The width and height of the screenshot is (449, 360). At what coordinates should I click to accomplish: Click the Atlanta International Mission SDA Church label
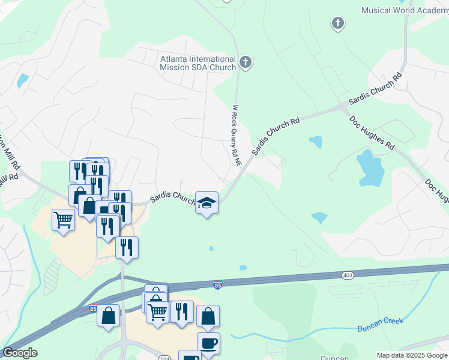pos(197,63)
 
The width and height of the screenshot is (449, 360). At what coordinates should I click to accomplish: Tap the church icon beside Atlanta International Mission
pos(245,62)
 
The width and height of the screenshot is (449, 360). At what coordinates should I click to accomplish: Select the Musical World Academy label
pos(405,10)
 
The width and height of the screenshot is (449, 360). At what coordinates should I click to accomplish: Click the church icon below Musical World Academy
pos(337,23)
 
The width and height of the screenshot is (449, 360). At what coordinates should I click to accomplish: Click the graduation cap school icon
pos(207,203)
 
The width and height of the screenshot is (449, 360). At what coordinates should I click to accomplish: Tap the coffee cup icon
pos(208,343)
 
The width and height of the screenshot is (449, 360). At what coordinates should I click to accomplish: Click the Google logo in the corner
pos(20,353)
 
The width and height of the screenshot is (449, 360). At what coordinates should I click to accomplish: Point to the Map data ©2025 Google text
pos(412,355)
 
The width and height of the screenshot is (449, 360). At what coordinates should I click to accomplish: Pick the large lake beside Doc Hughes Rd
pos(369,167)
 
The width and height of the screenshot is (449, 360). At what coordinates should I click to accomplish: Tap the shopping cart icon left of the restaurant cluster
pos(62,220)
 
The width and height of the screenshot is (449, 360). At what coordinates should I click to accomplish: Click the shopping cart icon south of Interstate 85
pos(157,311)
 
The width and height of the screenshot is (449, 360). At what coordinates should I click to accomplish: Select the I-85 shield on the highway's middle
pos(217,286)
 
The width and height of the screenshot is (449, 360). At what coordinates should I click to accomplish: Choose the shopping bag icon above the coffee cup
pos(208,316)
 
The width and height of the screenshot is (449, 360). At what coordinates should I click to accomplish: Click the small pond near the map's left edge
pos(23,80)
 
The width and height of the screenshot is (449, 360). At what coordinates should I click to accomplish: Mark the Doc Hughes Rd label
pos(373,133)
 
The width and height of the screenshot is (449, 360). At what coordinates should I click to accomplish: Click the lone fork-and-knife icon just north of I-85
pos(127,247)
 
